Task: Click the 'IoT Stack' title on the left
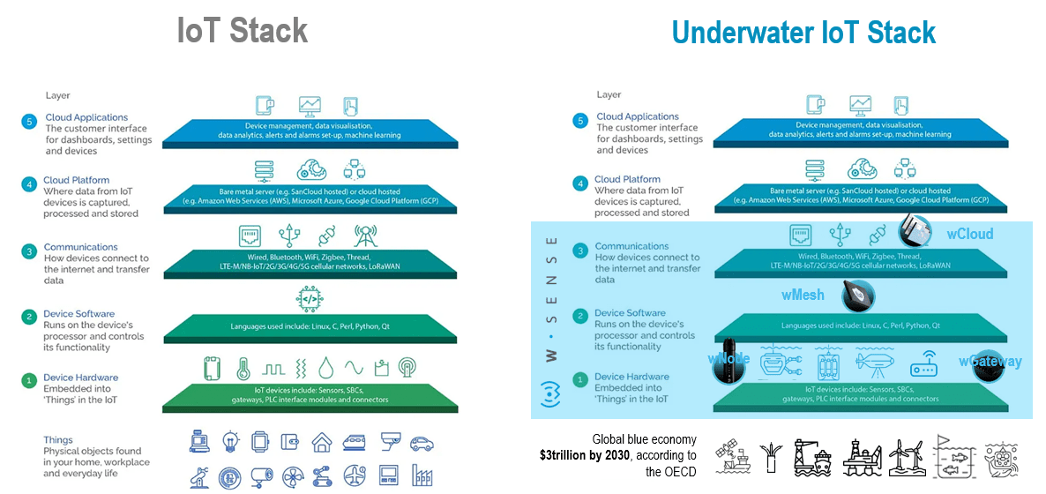[243, 30]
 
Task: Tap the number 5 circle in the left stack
[28, 122]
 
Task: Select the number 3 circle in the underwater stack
[579, 251]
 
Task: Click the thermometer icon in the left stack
[243, 367]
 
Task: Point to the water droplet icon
[325, 367]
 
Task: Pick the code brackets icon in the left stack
[309, 300]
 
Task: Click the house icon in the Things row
[321, 440]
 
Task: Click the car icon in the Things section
[422, 440]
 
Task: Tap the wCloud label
[969, 234]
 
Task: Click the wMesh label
[803, 295]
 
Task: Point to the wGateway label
[990, 361]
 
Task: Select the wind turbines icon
[908, 457]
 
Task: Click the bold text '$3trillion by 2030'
[617, 455]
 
